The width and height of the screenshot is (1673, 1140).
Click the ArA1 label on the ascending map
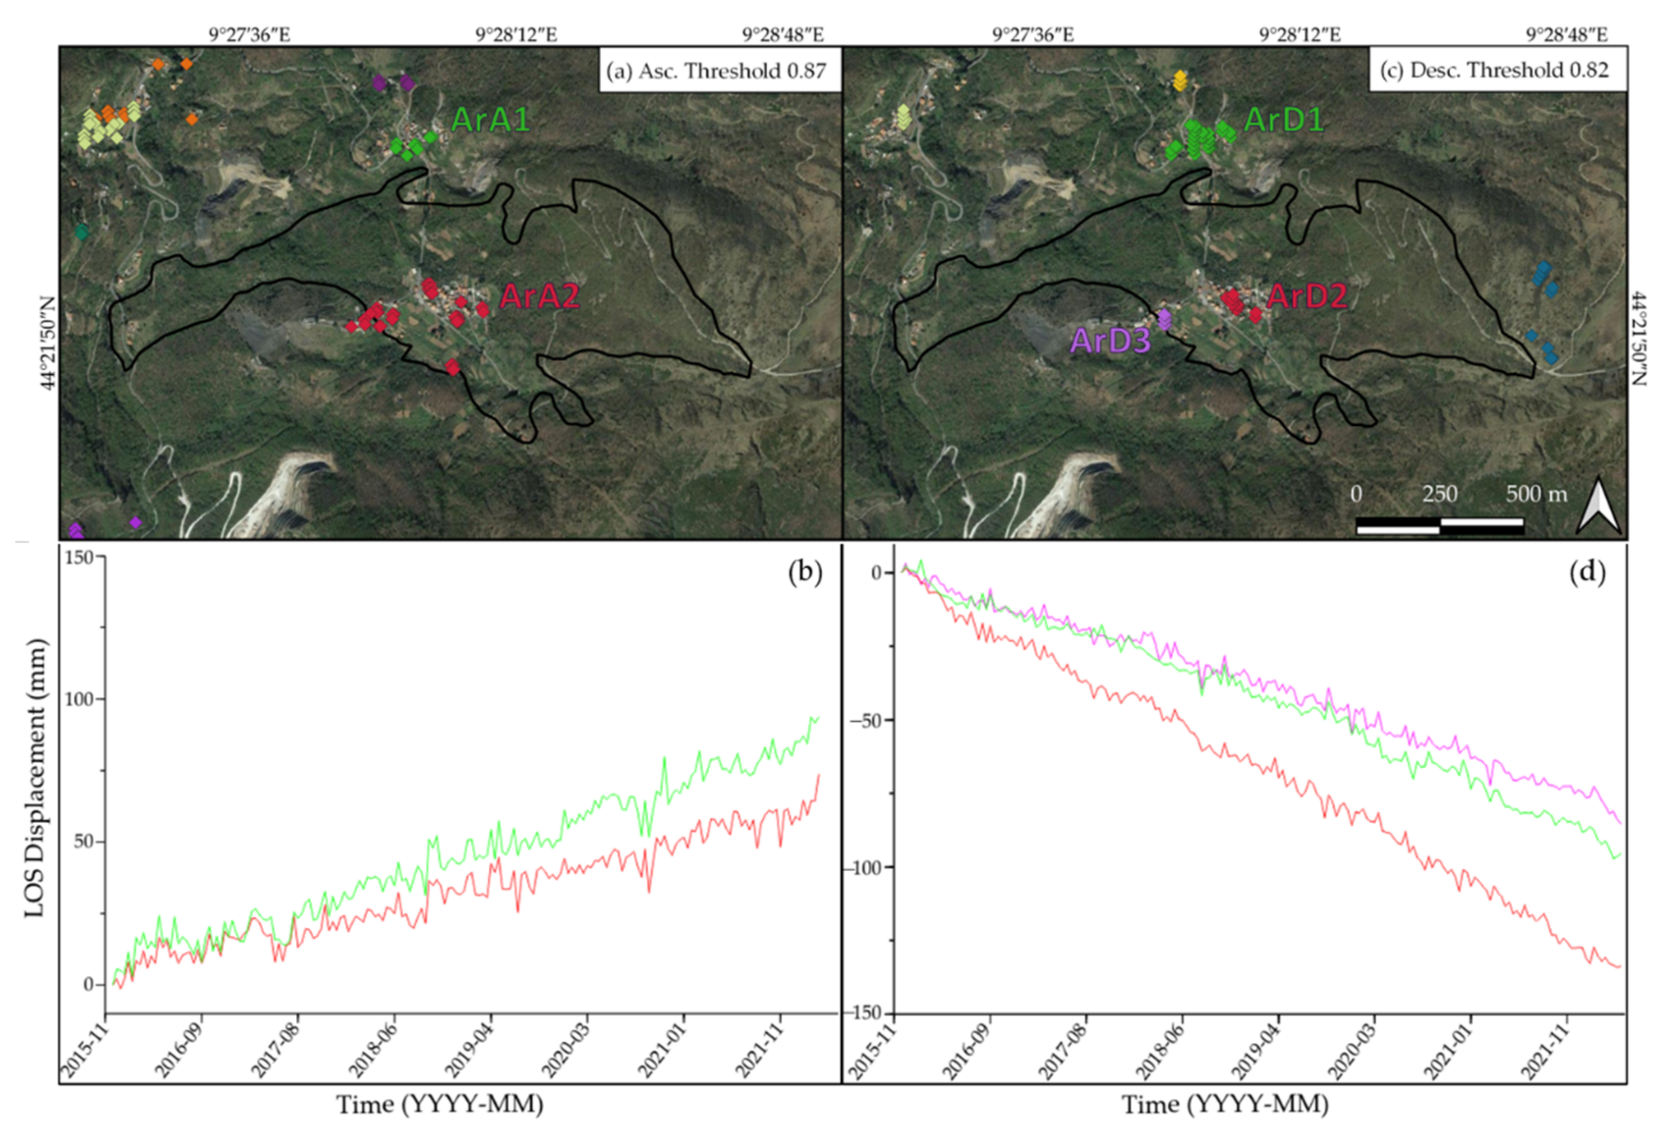coord(490,119)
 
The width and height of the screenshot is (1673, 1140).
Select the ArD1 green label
coord(1283,119)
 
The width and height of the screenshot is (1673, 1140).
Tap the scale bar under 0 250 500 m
coord(1440,526)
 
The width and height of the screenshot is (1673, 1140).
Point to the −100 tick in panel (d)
coord(868,866)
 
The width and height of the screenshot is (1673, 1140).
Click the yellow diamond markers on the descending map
coord(1179,80)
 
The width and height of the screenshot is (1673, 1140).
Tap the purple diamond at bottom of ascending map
coord(135,522)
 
